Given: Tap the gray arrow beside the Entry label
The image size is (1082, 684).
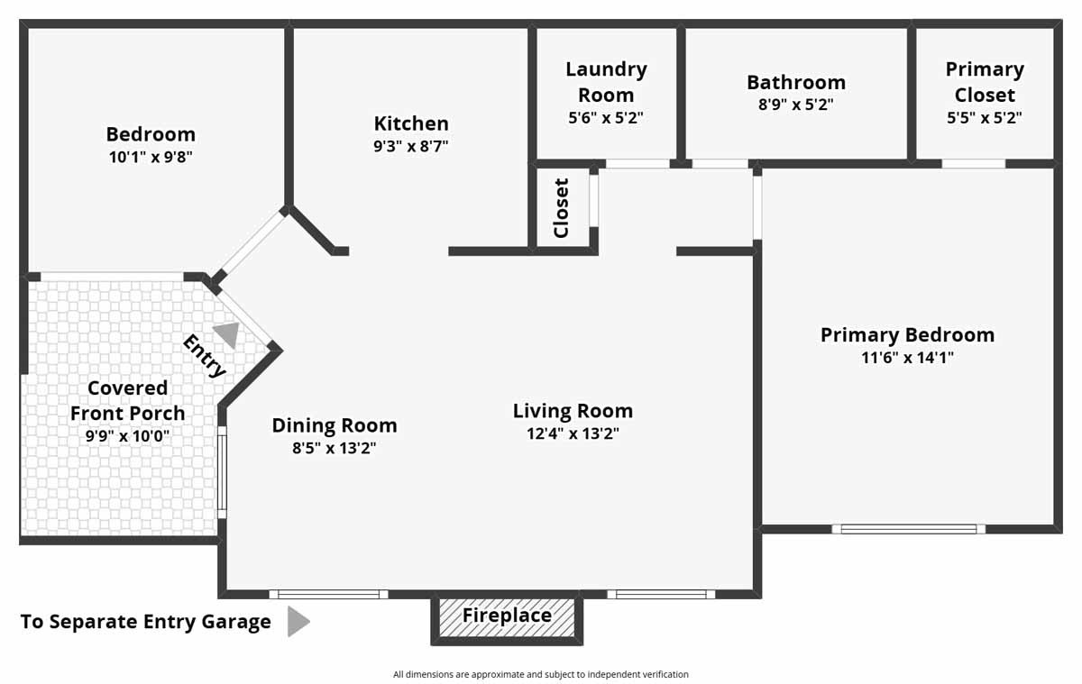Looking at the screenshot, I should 227,335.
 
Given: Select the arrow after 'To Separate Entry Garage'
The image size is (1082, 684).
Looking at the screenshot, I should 298,622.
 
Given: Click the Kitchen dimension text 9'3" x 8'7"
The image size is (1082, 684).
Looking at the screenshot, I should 411,146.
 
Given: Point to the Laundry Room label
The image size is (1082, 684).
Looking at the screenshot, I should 606,82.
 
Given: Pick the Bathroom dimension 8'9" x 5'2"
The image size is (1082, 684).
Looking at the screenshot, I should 795,105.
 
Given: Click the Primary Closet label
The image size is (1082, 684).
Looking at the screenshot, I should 985,82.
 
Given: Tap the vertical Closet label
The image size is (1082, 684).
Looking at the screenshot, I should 562,208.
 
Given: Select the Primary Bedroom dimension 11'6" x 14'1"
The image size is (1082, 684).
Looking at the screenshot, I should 907,358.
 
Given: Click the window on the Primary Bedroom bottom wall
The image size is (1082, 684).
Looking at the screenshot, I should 908,529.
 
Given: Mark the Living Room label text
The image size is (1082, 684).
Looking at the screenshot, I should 573,411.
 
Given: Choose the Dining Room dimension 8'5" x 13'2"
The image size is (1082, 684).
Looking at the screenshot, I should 335,448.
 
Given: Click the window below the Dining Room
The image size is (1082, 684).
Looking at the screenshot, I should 328,594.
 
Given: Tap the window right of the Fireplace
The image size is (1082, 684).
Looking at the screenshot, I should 661,594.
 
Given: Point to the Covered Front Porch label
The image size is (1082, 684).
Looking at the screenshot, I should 127,400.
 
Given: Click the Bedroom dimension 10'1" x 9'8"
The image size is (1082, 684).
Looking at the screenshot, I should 151,157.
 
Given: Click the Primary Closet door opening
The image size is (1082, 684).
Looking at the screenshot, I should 974,164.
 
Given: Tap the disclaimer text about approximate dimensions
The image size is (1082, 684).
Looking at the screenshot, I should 541,674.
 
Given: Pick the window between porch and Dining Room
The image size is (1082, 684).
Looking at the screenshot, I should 222,472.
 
